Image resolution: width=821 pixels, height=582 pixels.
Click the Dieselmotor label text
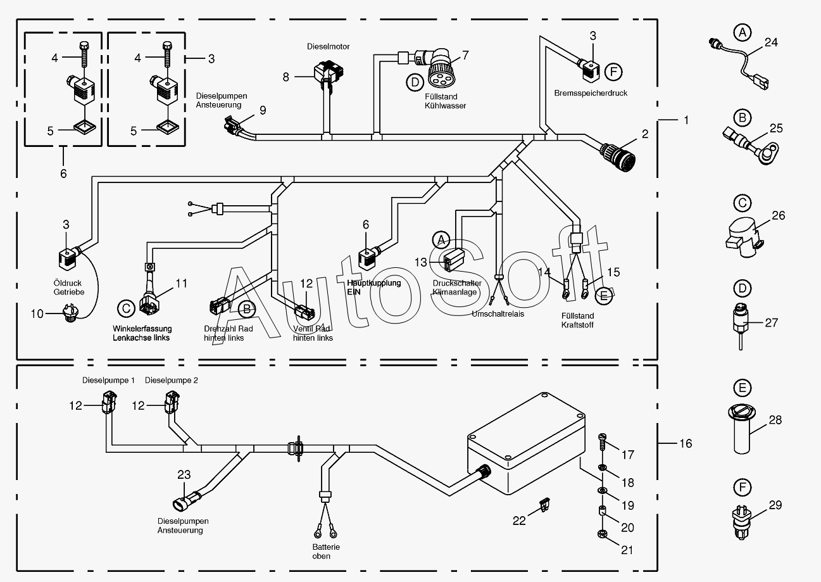coord(328,47)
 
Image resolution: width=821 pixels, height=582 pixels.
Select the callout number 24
coord(771,43)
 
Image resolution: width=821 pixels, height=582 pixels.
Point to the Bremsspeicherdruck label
coord(591,93)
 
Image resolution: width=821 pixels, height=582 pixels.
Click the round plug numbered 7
coord(440,70)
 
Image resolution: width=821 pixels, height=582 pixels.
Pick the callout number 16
coord(686,443)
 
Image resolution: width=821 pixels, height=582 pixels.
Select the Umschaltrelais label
coord(498,313)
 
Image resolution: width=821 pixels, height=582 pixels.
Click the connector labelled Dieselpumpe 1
coord(108,402)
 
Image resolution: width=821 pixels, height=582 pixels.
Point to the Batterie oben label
coord(326,551)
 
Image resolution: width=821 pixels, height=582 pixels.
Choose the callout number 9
coord(262,110)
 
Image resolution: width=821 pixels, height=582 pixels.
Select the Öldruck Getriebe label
coord(68,288)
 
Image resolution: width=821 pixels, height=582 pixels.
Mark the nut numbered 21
coord(602,536)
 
